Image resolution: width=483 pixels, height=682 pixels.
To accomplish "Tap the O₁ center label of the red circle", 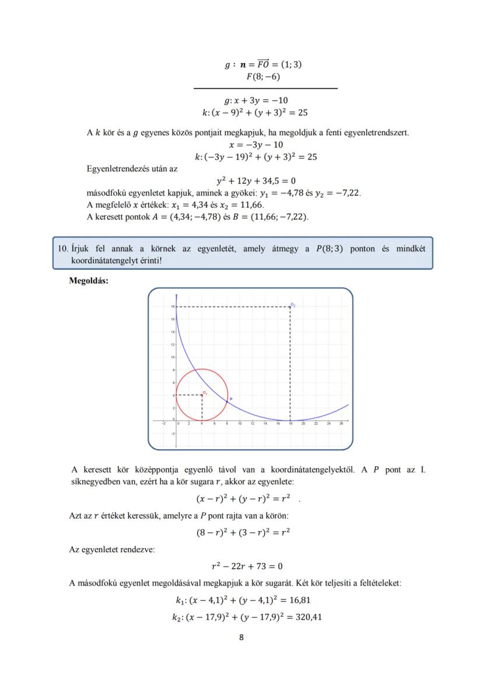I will pyautogui.click(x=205, y=393).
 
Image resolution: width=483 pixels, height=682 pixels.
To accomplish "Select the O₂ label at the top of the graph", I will pyautogui.click(x=293, y=305).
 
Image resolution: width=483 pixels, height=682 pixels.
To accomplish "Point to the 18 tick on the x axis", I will pyautogui.click(x=290, y=425).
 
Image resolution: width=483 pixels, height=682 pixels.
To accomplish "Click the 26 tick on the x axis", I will pyautogui.click(x=341, y=425).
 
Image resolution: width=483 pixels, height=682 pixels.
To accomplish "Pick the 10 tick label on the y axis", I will pyautogui.click(x=173, y=357).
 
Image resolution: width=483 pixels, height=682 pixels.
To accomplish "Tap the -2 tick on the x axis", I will pyautogui.click(x=164, y=425).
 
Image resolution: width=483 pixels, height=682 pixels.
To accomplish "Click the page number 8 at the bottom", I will pyautogui.click(x=242, y=637).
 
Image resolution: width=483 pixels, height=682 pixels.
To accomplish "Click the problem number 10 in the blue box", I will pyautogui.click(x=63, y=249).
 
